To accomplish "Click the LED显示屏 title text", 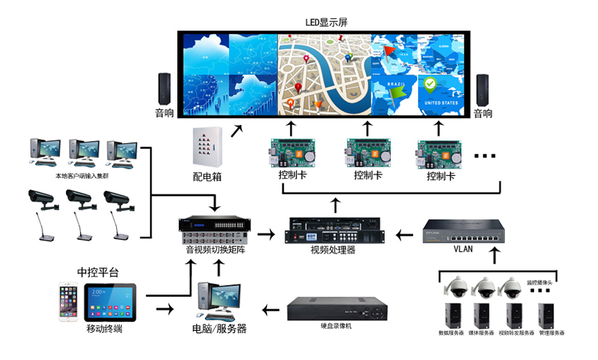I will click(326, 22).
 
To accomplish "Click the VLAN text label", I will click(463, 249).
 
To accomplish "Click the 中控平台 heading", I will click(97, 272).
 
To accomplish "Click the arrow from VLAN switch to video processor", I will click(403, 235).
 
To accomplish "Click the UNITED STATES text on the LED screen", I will click(441, 103).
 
